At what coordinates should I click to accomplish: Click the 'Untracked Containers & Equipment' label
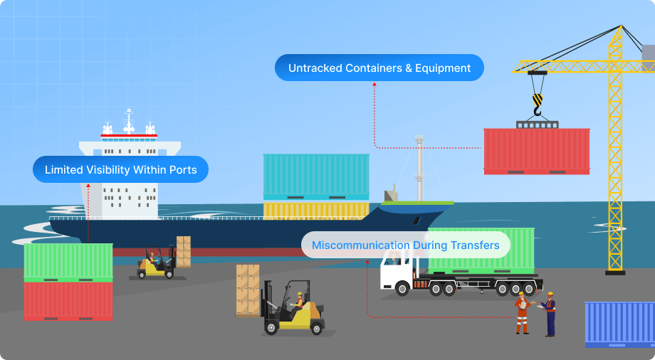[x=379, y=68]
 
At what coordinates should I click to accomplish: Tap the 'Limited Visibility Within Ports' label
[x=120, y=170]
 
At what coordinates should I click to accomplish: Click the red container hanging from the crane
[x=536, y=150]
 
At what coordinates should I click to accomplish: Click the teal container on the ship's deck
[x=316, y=176]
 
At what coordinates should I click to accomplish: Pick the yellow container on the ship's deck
[x=316, y=209]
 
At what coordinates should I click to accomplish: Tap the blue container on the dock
[x=619, y=324]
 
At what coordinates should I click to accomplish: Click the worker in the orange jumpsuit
[x=522, y=312]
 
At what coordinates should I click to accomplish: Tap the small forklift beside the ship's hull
[x=156, y=264]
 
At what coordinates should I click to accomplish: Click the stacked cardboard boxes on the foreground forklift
[x=248, y=289]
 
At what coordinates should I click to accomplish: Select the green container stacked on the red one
[x=68, y=262]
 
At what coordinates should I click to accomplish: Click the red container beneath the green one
[x=68, y=301]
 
